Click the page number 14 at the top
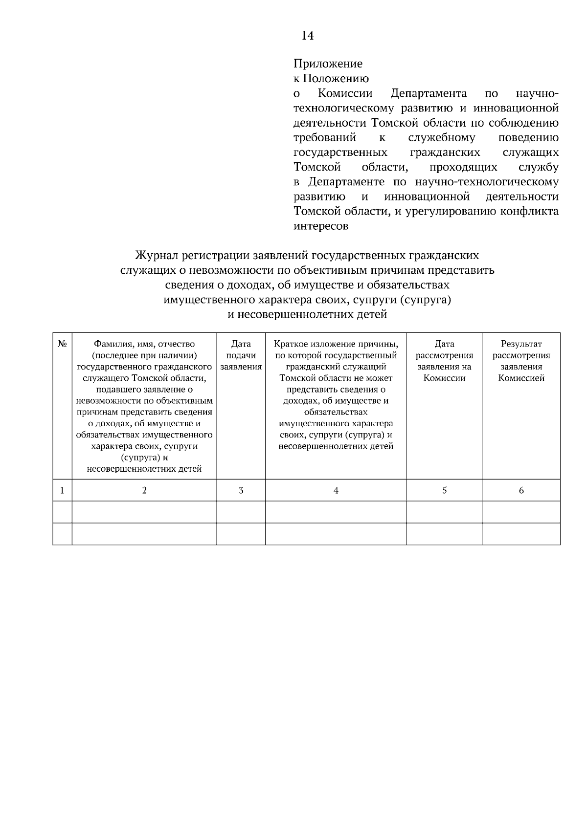click(x=308, y=36)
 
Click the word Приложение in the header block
click(x=328, y=64)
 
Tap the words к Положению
click(x=331, y=79)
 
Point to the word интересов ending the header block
click(x=321, y=226)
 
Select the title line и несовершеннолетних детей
click(x=307, y=314)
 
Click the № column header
click(x=62, y=344)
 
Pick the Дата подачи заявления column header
click(x=241, y=355)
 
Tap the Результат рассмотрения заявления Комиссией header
click(x=521, y=361)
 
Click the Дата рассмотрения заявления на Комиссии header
click(x=444, y=361)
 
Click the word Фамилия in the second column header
click(x=111, y=344)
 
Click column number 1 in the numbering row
click(x=62, y=490)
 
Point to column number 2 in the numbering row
click(x=144, y=490)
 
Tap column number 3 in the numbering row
click(x=241, y=490)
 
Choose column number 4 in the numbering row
click(x=336, y=490)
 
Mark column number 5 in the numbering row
click(x=444, y=490)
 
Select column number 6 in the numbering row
click(x=521, y=490)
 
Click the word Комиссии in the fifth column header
click(x=444, y=378)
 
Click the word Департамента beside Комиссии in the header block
click(x=429, y=93)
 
